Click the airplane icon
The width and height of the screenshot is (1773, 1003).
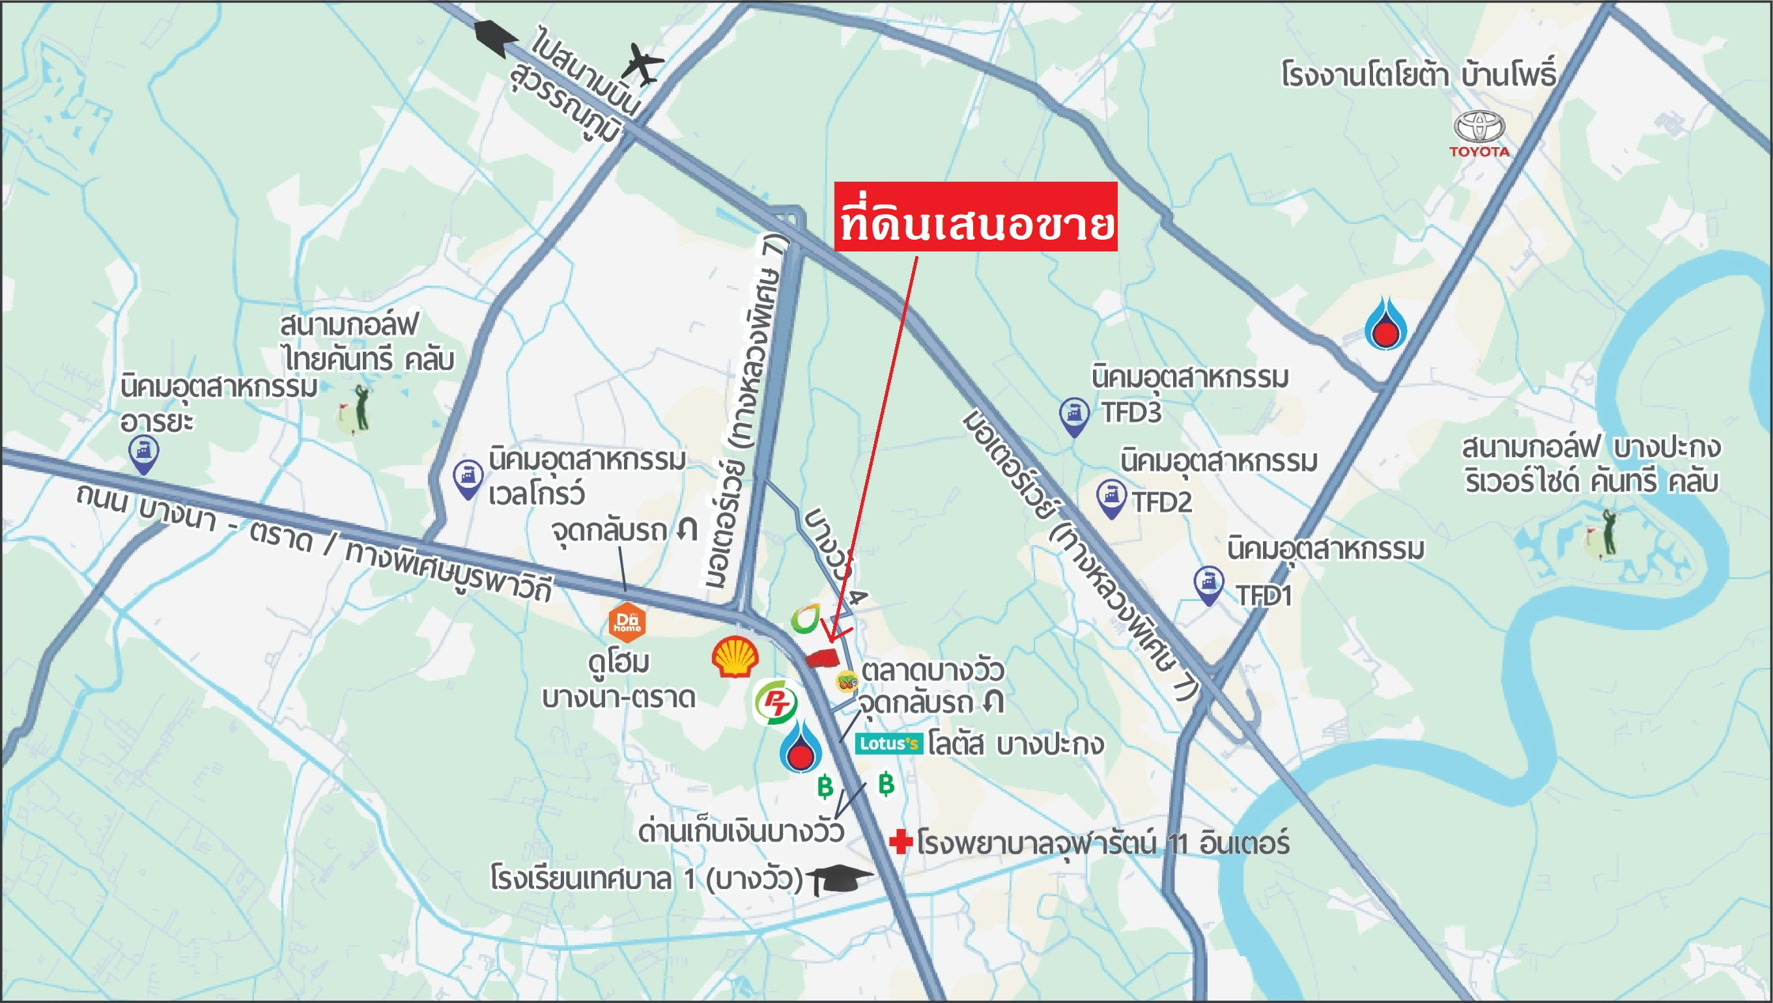click(642, 63)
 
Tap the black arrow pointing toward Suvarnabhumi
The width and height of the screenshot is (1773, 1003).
click(495, 37)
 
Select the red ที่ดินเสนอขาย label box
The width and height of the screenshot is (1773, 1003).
click(975, 216)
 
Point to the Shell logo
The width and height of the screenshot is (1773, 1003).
click(735, 657)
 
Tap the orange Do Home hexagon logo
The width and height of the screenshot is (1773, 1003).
click(627, 621)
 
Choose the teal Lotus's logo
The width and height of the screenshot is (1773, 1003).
click(888, 743)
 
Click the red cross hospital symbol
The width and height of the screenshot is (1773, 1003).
click(900, 841)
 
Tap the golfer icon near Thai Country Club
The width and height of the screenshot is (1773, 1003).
click(356, 410)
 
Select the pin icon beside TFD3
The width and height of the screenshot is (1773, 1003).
click(1074, 416)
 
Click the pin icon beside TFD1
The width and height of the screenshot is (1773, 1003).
click(1208, 585)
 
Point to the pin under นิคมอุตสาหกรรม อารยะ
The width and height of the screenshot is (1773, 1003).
click(143, 455)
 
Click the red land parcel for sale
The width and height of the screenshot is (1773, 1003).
click(822, 658)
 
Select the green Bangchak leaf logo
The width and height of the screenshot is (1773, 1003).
click(804, 619)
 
